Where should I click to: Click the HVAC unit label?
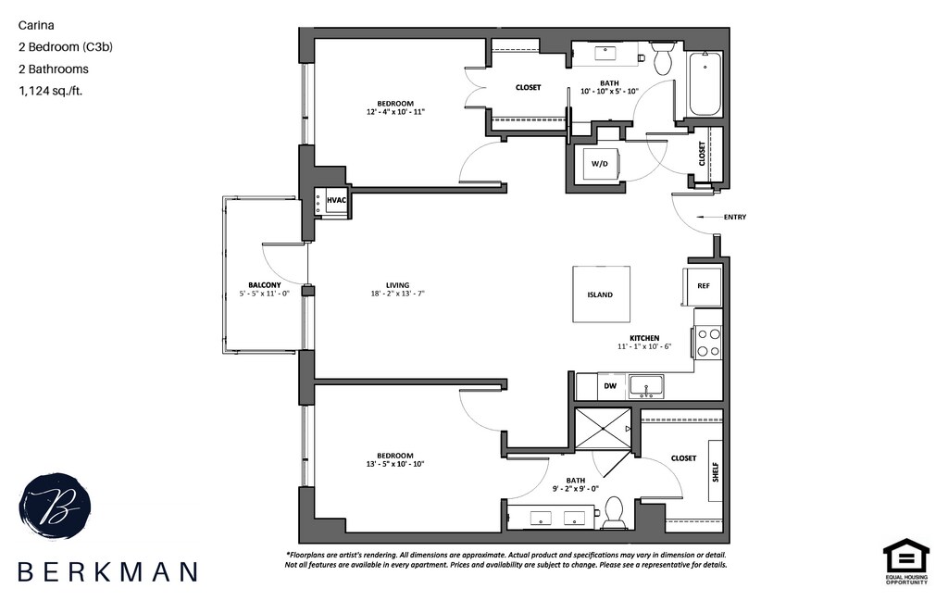[335, 201]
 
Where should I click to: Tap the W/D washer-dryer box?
[600, 164]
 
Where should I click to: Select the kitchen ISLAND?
[600, 294]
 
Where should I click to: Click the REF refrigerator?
[702, 286]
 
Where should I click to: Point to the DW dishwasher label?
[610, 386]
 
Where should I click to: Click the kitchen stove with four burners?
[708, 339]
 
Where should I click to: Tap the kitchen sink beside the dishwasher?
[646, 385]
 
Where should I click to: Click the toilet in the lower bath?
[613, 510]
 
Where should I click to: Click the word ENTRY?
[735, 218]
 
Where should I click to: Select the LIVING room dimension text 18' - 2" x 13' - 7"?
[398, 294]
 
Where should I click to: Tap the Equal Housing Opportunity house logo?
[905, 561]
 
